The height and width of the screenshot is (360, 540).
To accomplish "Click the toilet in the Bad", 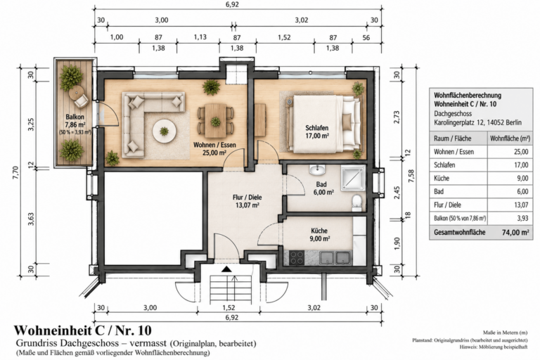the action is tap(356, 203).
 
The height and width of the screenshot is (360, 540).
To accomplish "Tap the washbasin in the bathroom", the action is tap(318, 170).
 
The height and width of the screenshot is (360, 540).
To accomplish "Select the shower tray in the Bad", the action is tap(353, 178).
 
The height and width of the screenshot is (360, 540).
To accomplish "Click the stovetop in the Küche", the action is tap(296, 257).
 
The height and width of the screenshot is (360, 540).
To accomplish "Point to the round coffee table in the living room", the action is tap(165, 131).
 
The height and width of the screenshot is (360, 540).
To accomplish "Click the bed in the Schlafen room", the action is tap(324, 124).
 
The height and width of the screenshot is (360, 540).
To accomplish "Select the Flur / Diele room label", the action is tap(247, 202).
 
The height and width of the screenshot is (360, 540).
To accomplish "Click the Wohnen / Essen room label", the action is tap(214, 148).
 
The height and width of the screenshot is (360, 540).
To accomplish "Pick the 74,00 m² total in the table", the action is tap(515, 233).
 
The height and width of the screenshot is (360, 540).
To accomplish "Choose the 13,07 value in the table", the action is tap(521, 205).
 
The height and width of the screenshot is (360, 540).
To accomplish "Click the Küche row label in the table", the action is tap(442, 178).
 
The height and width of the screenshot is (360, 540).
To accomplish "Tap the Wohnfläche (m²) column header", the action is tap(510, 139).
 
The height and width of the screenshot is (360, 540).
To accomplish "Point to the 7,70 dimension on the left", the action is tap(16, 172).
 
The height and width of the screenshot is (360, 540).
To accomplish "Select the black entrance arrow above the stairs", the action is tap(226, 269).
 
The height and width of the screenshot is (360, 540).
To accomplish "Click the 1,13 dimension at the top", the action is tap(200, 37).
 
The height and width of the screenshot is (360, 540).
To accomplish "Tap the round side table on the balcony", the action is tap(76, 92).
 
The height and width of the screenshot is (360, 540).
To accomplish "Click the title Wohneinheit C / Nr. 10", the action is tap(83, 330).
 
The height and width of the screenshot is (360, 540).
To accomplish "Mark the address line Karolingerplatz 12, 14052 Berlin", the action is tap(477, 122).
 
